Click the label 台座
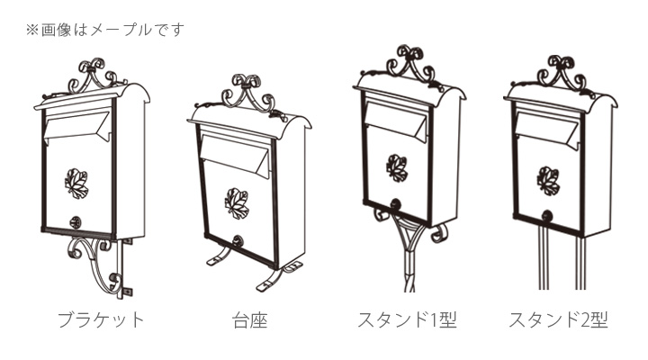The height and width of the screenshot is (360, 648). pyautogui.click(x=249, y=319)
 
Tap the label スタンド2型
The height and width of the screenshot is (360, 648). pyautogui.click(x=558, y=319)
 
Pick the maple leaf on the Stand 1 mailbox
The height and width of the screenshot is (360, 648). pyautogui.click(x=397, y=167)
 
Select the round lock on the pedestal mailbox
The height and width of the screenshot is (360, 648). pyautogui.click(x=238, y=241)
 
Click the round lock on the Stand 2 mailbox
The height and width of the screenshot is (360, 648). pyautogui.click(x=547, y=215)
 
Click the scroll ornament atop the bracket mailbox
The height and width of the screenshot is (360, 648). pyautogui.click(x=93, y=73)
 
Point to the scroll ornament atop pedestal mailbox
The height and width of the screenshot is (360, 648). pyautogui.click(x=250, y=93)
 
